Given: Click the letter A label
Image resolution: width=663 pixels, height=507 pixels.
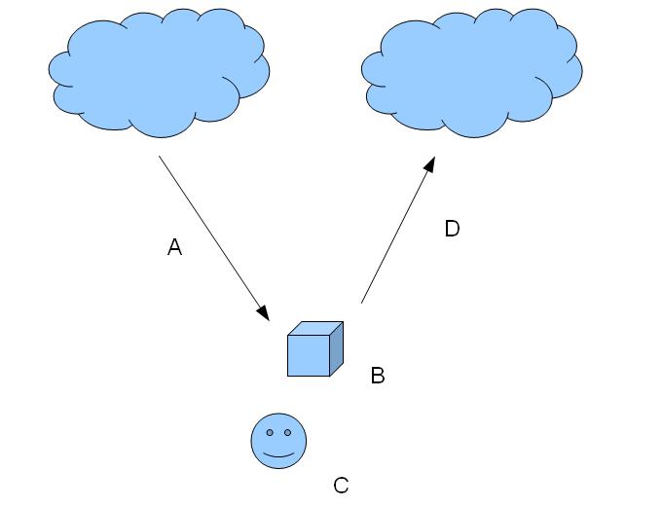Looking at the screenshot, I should tap(175, 248).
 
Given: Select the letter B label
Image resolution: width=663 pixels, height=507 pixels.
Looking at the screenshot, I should tap(378, 375).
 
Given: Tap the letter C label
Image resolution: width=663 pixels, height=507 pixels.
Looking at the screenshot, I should tap(341, 485).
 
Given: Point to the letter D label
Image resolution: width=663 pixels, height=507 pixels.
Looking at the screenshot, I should tap(452, 230).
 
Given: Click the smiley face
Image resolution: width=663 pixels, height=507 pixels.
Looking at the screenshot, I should tap(278, 440).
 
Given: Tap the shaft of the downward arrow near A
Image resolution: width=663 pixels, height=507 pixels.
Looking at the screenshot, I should tap(209, 233).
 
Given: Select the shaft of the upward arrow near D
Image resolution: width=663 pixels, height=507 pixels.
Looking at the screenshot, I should tap(394, 235).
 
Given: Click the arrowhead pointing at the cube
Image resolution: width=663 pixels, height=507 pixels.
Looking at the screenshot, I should tap(263, 313).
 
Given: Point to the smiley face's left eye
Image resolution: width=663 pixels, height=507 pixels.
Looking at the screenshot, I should tap(270, 431).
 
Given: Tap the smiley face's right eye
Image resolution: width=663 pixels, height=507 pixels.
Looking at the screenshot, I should tap(287, 431).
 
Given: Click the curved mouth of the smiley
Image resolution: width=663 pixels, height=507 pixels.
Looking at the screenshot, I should tap(278, 454).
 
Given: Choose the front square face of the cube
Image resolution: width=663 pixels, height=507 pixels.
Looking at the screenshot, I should tap(308, 355).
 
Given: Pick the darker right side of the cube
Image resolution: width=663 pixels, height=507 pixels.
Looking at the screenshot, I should tap(336, 348).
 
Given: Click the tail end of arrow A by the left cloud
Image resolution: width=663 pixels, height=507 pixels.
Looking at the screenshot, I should tap(161, 157).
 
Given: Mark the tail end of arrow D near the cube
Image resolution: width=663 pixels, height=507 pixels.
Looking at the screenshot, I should tap(362, 302).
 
